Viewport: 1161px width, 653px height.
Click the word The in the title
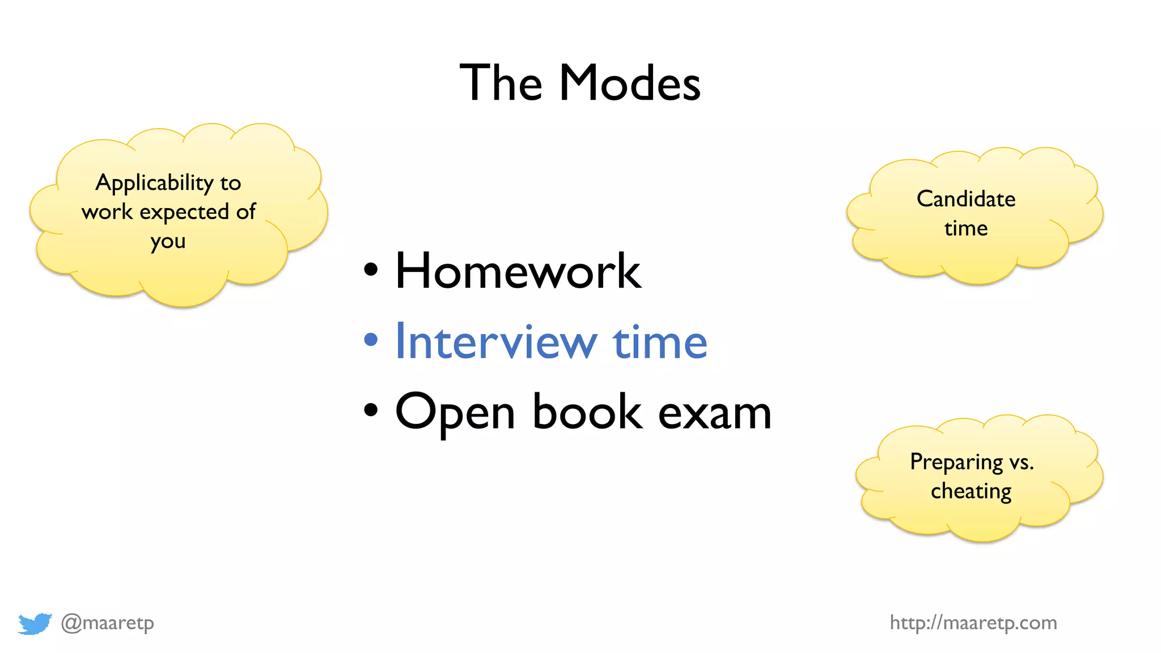tap(501, 83)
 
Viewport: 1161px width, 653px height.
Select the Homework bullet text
tap(518, 272)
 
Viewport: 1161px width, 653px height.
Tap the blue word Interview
tap(496, 342)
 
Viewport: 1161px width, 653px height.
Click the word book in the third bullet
tap(587, 412)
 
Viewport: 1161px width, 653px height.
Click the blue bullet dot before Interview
tap(371, 340)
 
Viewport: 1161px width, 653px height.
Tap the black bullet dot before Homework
tap(371, 270)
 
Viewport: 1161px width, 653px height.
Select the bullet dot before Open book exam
tap(371, 410)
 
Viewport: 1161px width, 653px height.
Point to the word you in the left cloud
tap(168, 241)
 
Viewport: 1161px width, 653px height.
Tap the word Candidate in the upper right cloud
tap(966, 199)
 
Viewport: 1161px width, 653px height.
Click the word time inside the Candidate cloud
tap(966, 228)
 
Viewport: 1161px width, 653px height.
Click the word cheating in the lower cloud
tap(971, 491)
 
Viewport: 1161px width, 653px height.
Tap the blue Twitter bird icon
tap(35, 623)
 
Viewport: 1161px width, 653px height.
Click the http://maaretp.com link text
tap(973, 623)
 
